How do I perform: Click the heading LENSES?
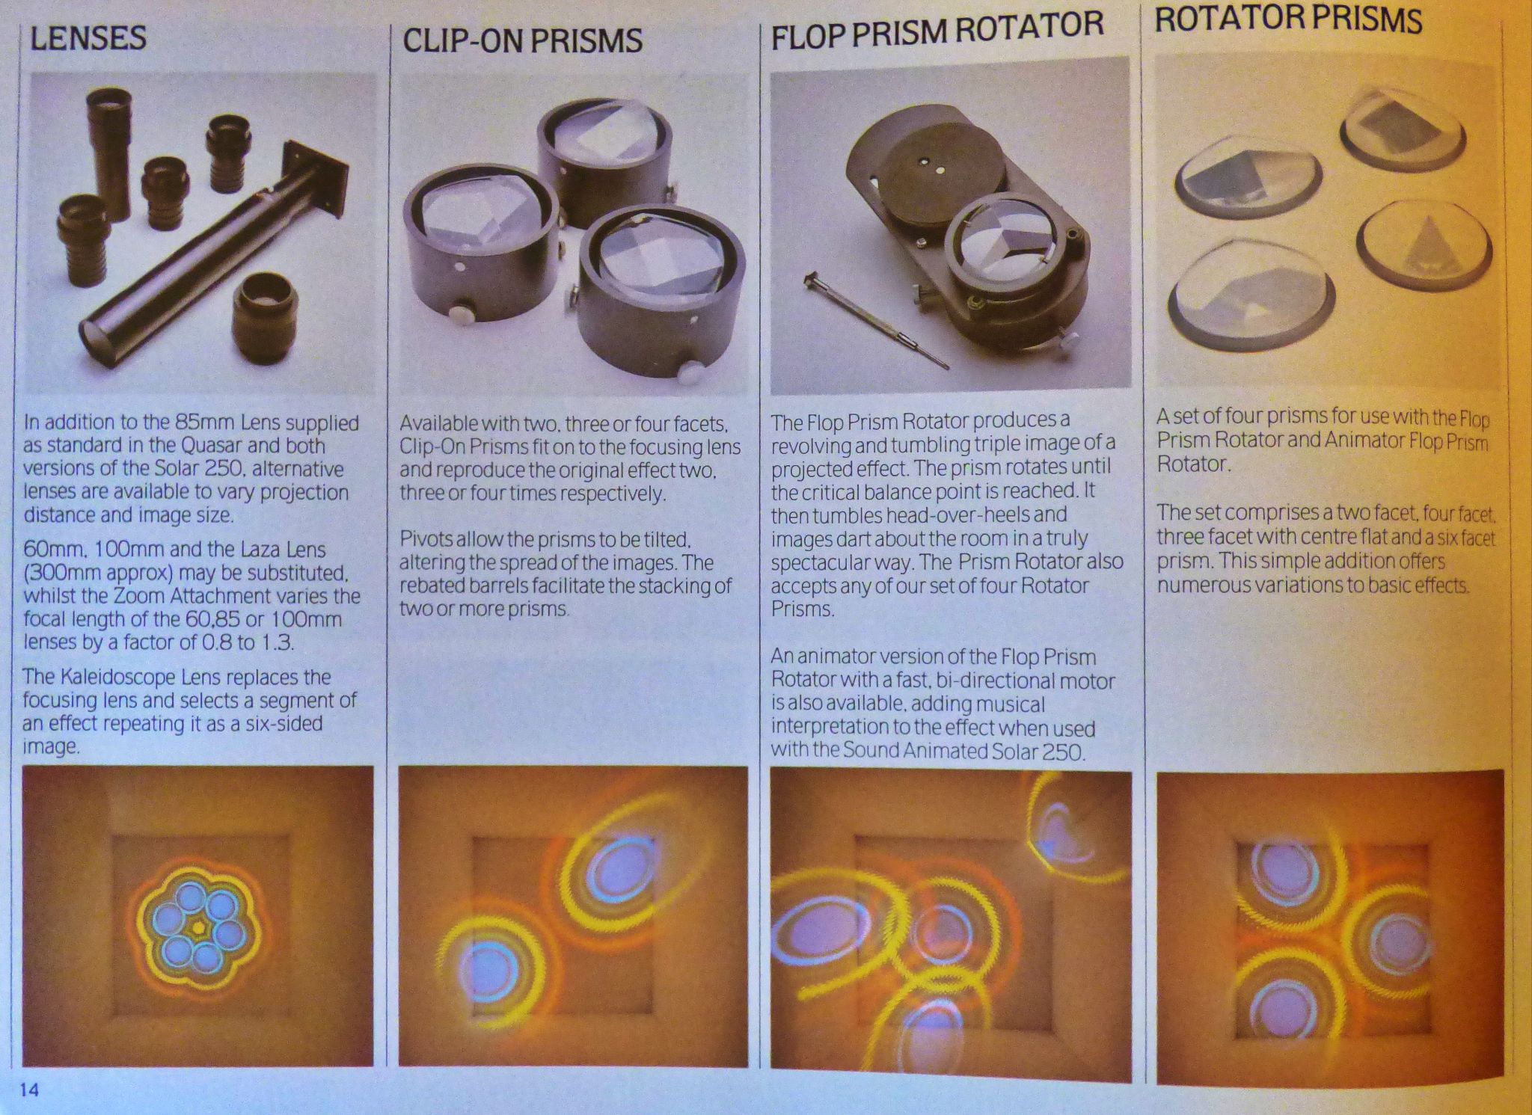coord(88,38)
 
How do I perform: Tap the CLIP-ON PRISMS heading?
coord(522,40)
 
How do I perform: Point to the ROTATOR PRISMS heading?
coord(1288,19)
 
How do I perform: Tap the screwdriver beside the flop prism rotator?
coord(875,322)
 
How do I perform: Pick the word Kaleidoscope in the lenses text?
coord(126,678)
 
